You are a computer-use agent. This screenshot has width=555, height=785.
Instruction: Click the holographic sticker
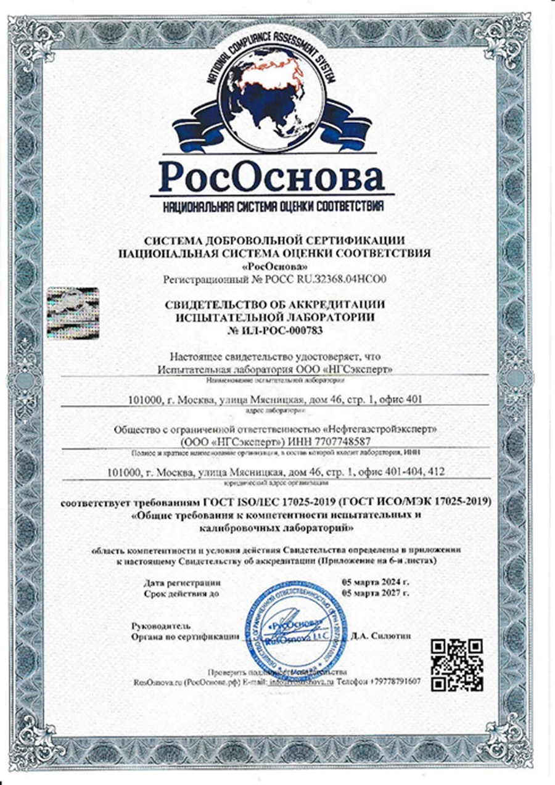click(72, 314)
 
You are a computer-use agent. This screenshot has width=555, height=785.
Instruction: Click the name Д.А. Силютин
click(378, 635)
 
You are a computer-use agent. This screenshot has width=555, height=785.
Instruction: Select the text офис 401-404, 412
click(404, 472)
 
